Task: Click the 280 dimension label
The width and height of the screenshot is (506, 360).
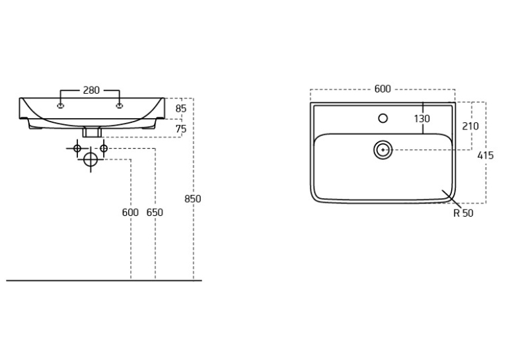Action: coord(91,90)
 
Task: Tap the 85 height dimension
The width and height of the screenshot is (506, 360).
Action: coord(181,109)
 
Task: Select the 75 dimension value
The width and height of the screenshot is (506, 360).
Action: coord(181,129)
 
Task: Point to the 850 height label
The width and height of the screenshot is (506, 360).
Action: coord(193,199)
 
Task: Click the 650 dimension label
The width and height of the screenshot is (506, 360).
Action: coord(155,213)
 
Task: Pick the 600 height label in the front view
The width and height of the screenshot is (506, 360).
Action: coord(130,213)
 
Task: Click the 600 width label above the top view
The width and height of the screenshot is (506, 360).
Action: coord(382,89)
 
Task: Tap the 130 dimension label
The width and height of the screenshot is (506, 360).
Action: coord(422,119)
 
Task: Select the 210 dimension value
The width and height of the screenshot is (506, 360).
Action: coord(470,126)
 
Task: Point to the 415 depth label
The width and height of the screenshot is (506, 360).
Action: coord(486,156)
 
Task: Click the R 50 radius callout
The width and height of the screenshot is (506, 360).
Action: coord(464,213)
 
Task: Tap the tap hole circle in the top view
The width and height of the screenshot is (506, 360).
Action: coord(383,118)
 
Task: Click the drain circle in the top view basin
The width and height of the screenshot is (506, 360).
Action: coord(383,150)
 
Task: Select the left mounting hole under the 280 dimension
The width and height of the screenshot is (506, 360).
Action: coord(60,106)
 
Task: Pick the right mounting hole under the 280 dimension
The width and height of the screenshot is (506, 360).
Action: coord(120,106)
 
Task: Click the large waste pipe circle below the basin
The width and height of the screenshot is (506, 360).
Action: coord(90,159)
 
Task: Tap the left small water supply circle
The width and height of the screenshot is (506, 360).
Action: coord(77,149)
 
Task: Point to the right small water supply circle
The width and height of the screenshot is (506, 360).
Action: coord(104,149)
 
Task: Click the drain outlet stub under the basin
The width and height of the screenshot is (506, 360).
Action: coord(92,131)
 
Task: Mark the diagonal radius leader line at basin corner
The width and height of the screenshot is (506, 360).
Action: coord(451,198)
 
